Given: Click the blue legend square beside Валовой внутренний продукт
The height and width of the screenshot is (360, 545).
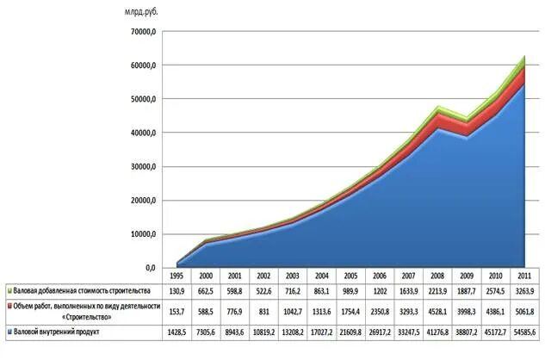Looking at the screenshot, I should click(8, 332).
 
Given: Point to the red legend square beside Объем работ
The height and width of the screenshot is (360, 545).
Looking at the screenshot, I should click(8, 306).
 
